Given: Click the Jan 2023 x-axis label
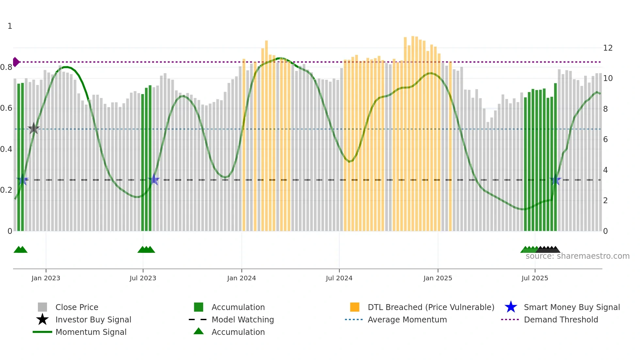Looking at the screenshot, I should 46,278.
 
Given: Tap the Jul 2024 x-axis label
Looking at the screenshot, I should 339,278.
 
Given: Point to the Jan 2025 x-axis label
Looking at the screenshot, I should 438,278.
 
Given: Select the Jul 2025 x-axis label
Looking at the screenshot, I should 535,278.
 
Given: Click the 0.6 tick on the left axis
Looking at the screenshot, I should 6,108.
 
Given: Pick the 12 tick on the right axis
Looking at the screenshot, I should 608,48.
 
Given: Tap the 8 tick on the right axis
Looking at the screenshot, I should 605,109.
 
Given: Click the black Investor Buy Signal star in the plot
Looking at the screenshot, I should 34,128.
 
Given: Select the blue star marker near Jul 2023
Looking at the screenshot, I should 154,179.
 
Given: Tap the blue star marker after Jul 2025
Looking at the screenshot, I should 555,180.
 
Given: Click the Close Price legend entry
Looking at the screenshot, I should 76,307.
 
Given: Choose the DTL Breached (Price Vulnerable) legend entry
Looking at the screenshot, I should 431,307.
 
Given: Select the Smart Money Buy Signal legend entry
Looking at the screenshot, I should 571,307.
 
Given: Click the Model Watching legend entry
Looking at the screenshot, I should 242,319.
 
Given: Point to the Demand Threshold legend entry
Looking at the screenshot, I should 561,319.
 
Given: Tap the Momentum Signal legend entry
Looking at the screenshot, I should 91,332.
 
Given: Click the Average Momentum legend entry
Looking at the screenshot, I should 407,319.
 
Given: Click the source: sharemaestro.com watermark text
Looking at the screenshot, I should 577,256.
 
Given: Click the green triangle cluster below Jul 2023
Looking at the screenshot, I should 146,250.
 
